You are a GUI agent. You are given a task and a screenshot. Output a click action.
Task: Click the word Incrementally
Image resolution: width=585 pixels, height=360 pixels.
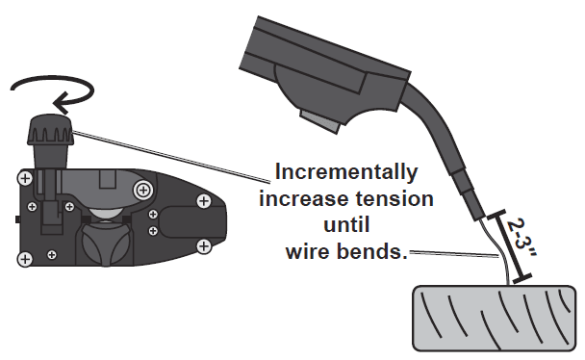tap(345, 173)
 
